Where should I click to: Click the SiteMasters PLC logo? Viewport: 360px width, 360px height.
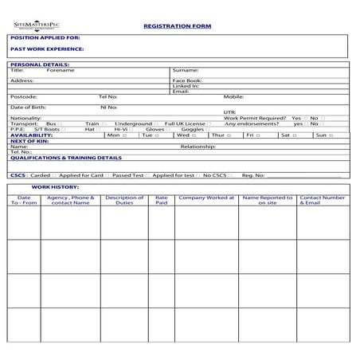[37, 26]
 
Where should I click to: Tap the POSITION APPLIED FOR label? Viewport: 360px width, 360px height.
[45, 38]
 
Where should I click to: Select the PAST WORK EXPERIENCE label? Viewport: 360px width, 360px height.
[47, 49]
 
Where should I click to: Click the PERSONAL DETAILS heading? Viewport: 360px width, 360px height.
[40, 64]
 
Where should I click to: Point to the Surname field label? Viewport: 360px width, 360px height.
[186, 70]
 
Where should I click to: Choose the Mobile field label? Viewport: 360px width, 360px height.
[233, 97]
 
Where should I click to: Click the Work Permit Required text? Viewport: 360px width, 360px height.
[255, 118]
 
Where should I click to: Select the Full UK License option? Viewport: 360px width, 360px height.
[186, 123]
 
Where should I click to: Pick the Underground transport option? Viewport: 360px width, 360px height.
[133, 123]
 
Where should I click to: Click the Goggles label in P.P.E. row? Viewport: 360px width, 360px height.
[192, 130]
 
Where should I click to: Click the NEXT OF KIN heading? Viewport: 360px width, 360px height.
[29, 141]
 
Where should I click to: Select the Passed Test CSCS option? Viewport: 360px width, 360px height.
[127, 174]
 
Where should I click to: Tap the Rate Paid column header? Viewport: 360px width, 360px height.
[162, 200]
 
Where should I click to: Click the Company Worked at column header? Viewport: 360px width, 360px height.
[205, 198]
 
